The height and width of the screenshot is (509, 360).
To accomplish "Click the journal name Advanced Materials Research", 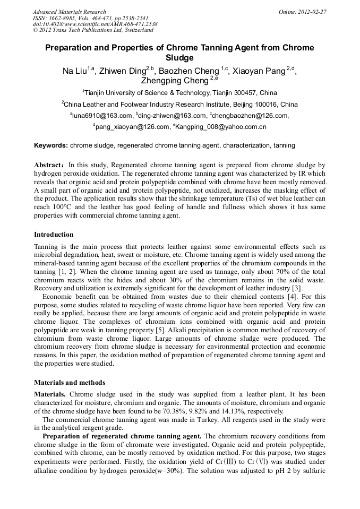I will (69, 12).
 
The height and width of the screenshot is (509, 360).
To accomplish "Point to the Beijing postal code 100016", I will (265, 105).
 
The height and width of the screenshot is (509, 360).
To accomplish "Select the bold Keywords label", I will (51, 145).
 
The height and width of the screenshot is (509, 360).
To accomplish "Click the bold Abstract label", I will (49, 166).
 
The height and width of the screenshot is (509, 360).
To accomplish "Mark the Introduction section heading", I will (54, 235).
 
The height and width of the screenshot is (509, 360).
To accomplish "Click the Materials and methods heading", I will (70, 382).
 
